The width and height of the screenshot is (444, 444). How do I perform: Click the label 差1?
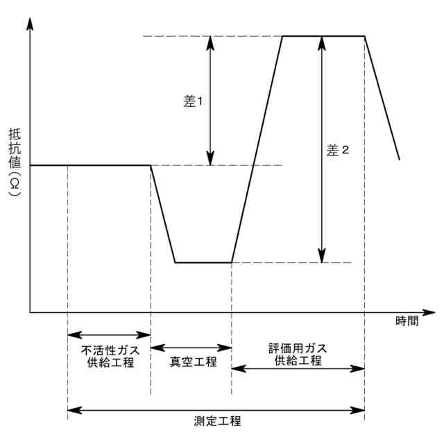coord(192,101)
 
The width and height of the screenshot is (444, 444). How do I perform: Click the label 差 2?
coord(337,150)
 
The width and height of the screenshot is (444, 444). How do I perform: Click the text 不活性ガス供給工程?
coord(109,355)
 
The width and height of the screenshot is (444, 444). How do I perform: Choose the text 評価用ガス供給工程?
coord(298,353)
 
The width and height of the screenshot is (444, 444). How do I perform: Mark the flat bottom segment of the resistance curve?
coord(203,262)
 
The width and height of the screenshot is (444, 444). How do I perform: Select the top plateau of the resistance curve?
coord(323,35)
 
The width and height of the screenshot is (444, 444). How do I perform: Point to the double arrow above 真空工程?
coord(191,346)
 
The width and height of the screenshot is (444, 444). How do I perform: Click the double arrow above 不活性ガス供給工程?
coord(109,334)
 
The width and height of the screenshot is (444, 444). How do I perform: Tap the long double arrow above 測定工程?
coord(216,409)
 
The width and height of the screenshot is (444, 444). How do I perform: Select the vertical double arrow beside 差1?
coord(211,101)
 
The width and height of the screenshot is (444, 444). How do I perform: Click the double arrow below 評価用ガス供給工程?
coord(298,368)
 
